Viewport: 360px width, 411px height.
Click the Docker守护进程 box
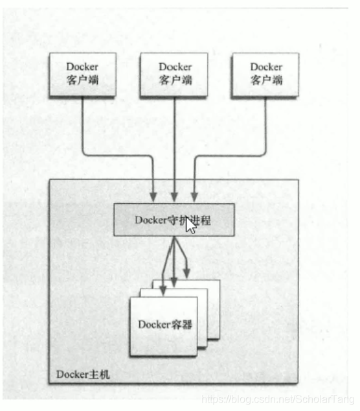173,220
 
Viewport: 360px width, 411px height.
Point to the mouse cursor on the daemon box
190,226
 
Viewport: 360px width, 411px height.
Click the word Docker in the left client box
82,67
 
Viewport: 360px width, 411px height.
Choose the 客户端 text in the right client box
266,80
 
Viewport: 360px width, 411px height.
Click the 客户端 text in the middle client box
175,80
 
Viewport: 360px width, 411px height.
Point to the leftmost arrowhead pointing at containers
163,290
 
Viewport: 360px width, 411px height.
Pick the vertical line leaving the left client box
82,123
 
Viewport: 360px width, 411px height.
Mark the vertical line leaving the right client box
266,123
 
